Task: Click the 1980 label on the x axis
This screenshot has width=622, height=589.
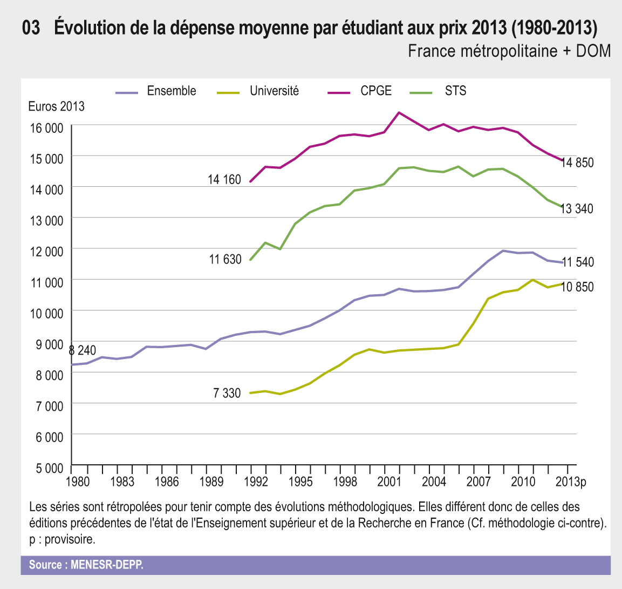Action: coord(78,482)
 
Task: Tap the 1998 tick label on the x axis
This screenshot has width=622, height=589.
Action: coord(345,482)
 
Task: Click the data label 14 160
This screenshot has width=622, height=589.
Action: coord(224,179)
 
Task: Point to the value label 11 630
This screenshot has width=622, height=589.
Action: coord(225,260)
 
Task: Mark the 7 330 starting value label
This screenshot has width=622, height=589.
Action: coord(227,393)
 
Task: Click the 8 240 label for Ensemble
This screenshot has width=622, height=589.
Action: coord(83,350)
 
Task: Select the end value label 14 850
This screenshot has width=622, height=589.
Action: coord(577,163)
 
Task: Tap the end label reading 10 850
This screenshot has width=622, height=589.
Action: coord(577,287)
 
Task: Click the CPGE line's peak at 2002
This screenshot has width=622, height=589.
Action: coord(398,112)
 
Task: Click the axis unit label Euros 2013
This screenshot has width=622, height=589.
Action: coord(56,106)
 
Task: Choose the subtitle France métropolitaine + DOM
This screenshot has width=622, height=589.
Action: coord(509,51)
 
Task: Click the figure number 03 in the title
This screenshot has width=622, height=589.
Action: coord(31,28)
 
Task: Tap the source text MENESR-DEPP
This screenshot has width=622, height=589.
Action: coord(86,565)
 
